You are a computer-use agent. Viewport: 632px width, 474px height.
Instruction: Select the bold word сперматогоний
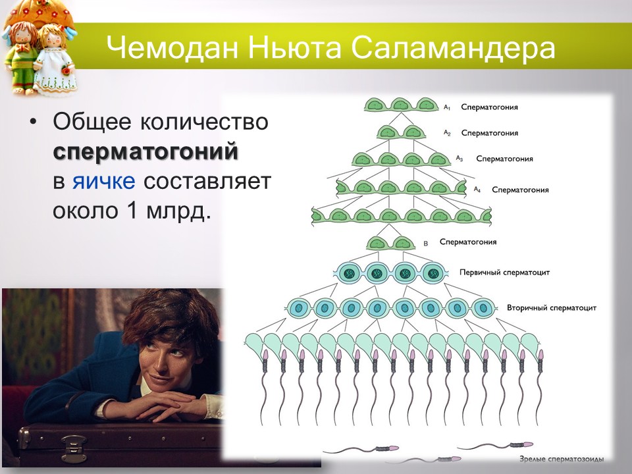point(145,152)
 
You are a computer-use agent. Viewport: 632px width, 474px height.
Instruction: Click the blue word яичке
point(103,182)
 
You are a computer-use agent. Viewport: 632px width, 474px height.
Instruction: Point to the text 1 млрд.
point(172,211)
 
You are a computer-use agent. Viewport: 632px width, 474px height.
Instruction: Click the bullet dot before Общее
point(33,123)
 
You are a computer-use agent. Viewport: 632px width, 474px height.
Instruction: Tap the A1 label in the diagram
point(446,106)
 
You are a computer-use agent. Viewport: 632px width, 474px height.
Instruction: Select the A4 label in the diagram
point(478,189)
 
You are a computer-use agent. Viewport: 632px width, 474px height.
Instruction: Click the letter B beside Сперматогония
point(425,244)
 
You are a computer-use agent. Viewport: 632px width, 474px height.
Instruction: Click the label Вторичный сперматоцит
point(552,307)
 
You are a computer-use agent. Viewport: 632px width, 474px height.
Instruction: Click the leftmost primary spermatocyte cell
point(348,271)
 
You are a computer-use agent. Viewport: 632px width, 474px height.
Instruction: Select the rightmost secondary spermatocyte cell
point(484,307)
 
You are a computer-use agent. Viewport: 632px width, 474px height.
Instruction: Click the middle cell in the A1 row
point(400,105)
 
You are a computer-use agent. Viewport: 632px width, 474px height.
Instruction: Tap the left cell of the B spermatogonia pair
point(378,243)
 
